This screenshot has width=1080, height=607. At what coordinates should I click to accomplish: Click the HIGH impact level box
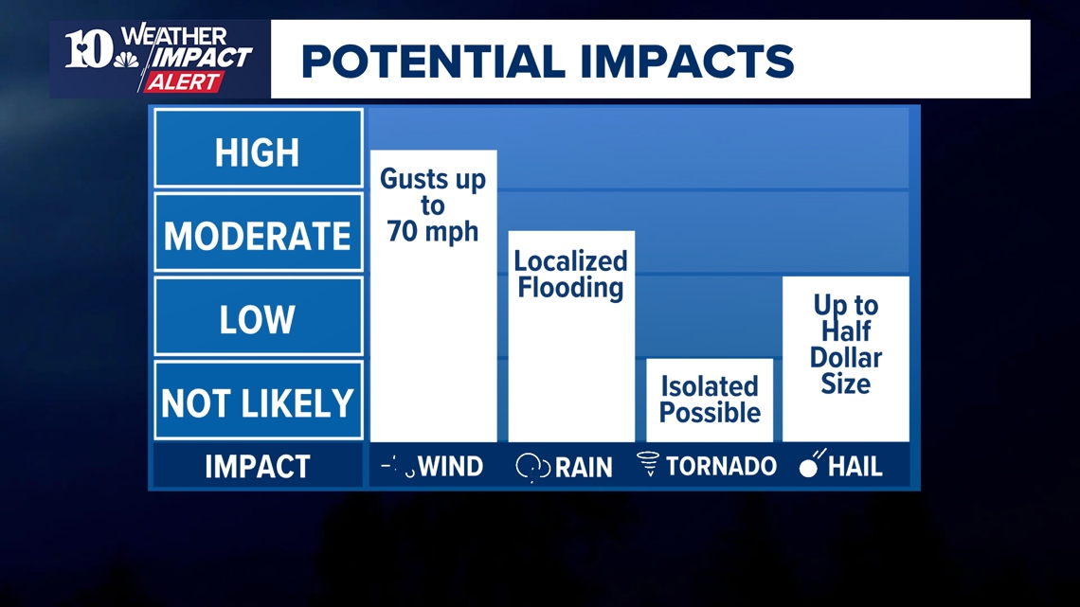pyautogui.click(x=259, y=148)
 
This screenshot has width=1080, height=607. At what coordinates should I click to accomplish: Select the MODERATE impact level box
pyautogui.click(x=259, y=232)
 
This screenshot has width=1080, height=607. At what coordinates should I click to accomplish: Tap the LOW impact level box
pyautogui.click(x=259, y=316)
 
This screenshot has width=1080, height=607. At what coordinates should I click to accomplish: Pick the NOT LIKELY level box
pyautogui.click(x=259, y=400)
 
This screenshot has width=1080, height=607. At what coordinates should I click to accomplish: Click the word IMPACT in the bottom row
pyautogui.click(x=258, y=467)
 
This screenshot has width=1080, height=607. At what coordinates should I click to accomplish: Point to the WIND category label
pyautogui.click(x=450, y=467)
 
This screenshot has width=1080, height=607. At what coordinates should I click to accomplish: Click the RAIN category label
pyautogui.click(x=584, y=467)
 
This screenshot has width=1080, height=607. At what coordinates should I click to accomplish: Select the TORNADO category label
pyautogui.click(x=721, y=467)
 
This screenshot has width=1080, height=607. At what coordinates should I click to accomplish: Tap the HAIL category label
pyautogui.click(x=855, y=467)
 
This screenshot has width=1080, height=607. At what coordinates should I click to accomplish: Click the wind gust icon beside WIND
pyautogui.click(x=398, y=466)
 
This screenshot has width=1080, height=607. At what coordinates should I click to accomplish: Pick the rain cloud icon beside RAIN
pyautogui.click(x=533, y=467)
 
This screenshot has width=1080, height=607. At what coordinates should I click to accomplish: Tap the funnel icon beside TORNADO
pyautogui.click(x=648, y=464)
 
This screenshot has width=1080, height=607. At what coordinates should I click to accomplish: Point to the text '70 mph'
pyautogui.click(x=433, y=231)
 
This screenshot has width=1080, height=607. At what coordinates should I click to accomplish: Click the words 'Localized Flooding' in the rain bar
pyautogui.click(x=571, y=274)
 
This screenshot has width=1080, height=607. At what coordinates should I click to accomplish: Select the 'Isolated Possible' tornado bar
pyautogui.click(x=710, y=400)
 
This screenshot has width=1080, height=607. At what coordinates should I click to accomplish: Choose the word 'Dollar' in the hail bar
pyautogui.click(x=846, y=357)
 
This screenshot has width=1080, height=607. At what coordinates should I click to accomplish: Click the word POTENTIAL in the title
pyautogui.click(x=433, y=62)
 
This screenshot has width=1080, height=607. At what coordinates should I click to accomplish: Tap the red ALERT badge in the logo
pyautogui.click(x=183, y=81)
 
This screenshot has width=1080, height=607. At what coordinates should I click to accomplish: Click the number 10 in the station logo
pyautogui.click(x=89, y=49)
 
